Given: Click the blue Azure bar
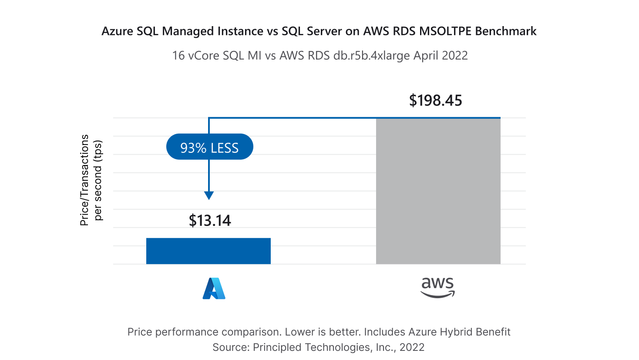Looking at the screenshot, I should click(x=208, y=251).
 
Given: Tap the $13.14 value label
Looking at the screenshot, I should click(x=210, y=221).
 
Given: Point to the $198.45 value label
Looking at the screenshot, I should click(x=435, y=101).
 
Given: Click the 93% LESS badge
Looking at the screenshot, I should click(x=209, y=148).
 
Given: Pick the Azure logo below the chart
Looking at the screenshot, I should click(x=214, y=288).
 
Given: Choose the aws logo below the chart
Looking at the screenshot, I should click(x=437, y=287).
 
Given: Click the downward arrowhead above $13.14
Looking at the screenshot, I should click(x=209, y=195).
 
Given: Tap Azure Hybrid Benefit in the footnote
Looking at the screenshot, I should click(x=459, y=332).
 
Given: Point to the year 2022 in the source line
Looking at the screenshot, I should click(x=412, y=347).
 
